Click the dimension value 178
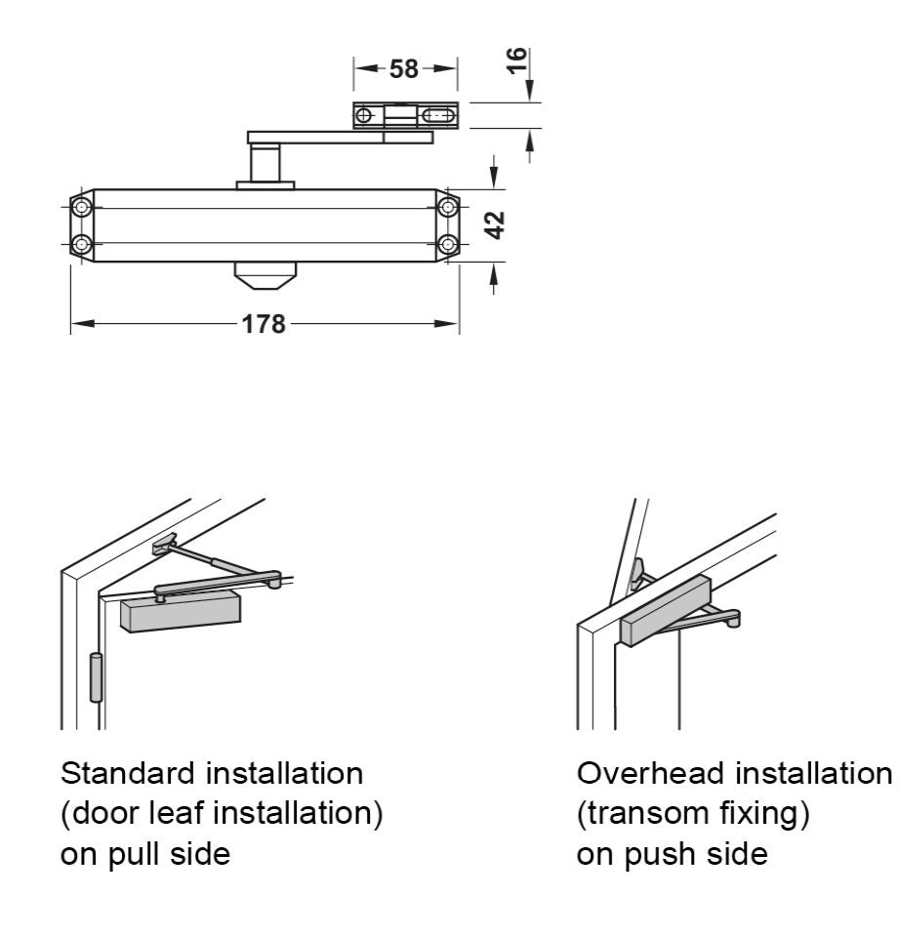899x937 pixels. pos(265,323)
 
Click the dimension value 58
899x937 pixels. pos(403,69)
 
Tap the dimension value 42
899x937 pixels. pos(495,224)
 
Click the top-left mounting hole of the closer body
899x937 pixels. pos(81,207)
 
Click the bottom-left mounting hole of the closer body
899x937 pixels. pos(81,243)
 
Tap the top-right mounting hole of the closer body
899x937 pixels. pos(447,207)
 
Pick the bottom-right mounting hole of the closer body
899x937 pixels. pos(447,243)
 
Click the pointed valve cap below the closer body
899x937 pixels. pos(264,275)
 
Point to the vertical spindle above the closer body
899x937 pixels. pos(264,161)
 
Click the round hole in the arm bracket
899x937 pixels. pos(364,116)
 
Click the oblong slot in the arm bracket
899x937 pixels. pos(438,116)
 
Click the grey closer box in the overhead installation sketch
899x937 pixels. pos(669,610)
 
